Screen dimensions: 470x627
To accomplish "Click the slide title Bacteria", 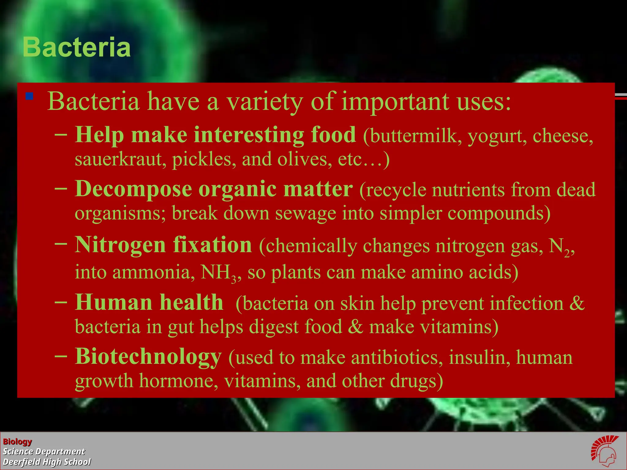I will point(77,47).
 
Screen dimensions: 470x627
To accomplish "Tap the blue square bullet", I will point(29,97).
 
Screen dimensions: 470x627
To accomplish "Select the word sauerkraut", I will point(118,159).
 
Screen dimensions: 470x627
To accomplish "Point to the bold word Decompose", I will point(133,189).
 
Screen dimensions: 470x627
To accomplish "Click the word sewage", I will point(305,213).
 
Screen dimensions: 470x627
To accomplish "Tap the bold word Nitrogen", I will point(120,245).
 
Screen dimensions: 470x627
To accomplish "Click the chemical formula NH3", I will point(218,273).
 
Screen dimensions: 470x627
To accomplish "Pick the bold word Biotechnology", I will point(148,357).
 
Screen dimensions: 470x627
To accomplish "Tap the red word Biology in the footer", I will point(17,442).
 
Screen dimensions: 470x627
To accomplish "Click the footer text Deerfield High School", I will point(47,462).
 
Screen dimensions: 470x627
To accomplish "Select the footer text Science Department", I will point(44,452).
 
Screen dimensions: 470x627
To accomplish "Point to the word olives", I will point(305,159).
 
